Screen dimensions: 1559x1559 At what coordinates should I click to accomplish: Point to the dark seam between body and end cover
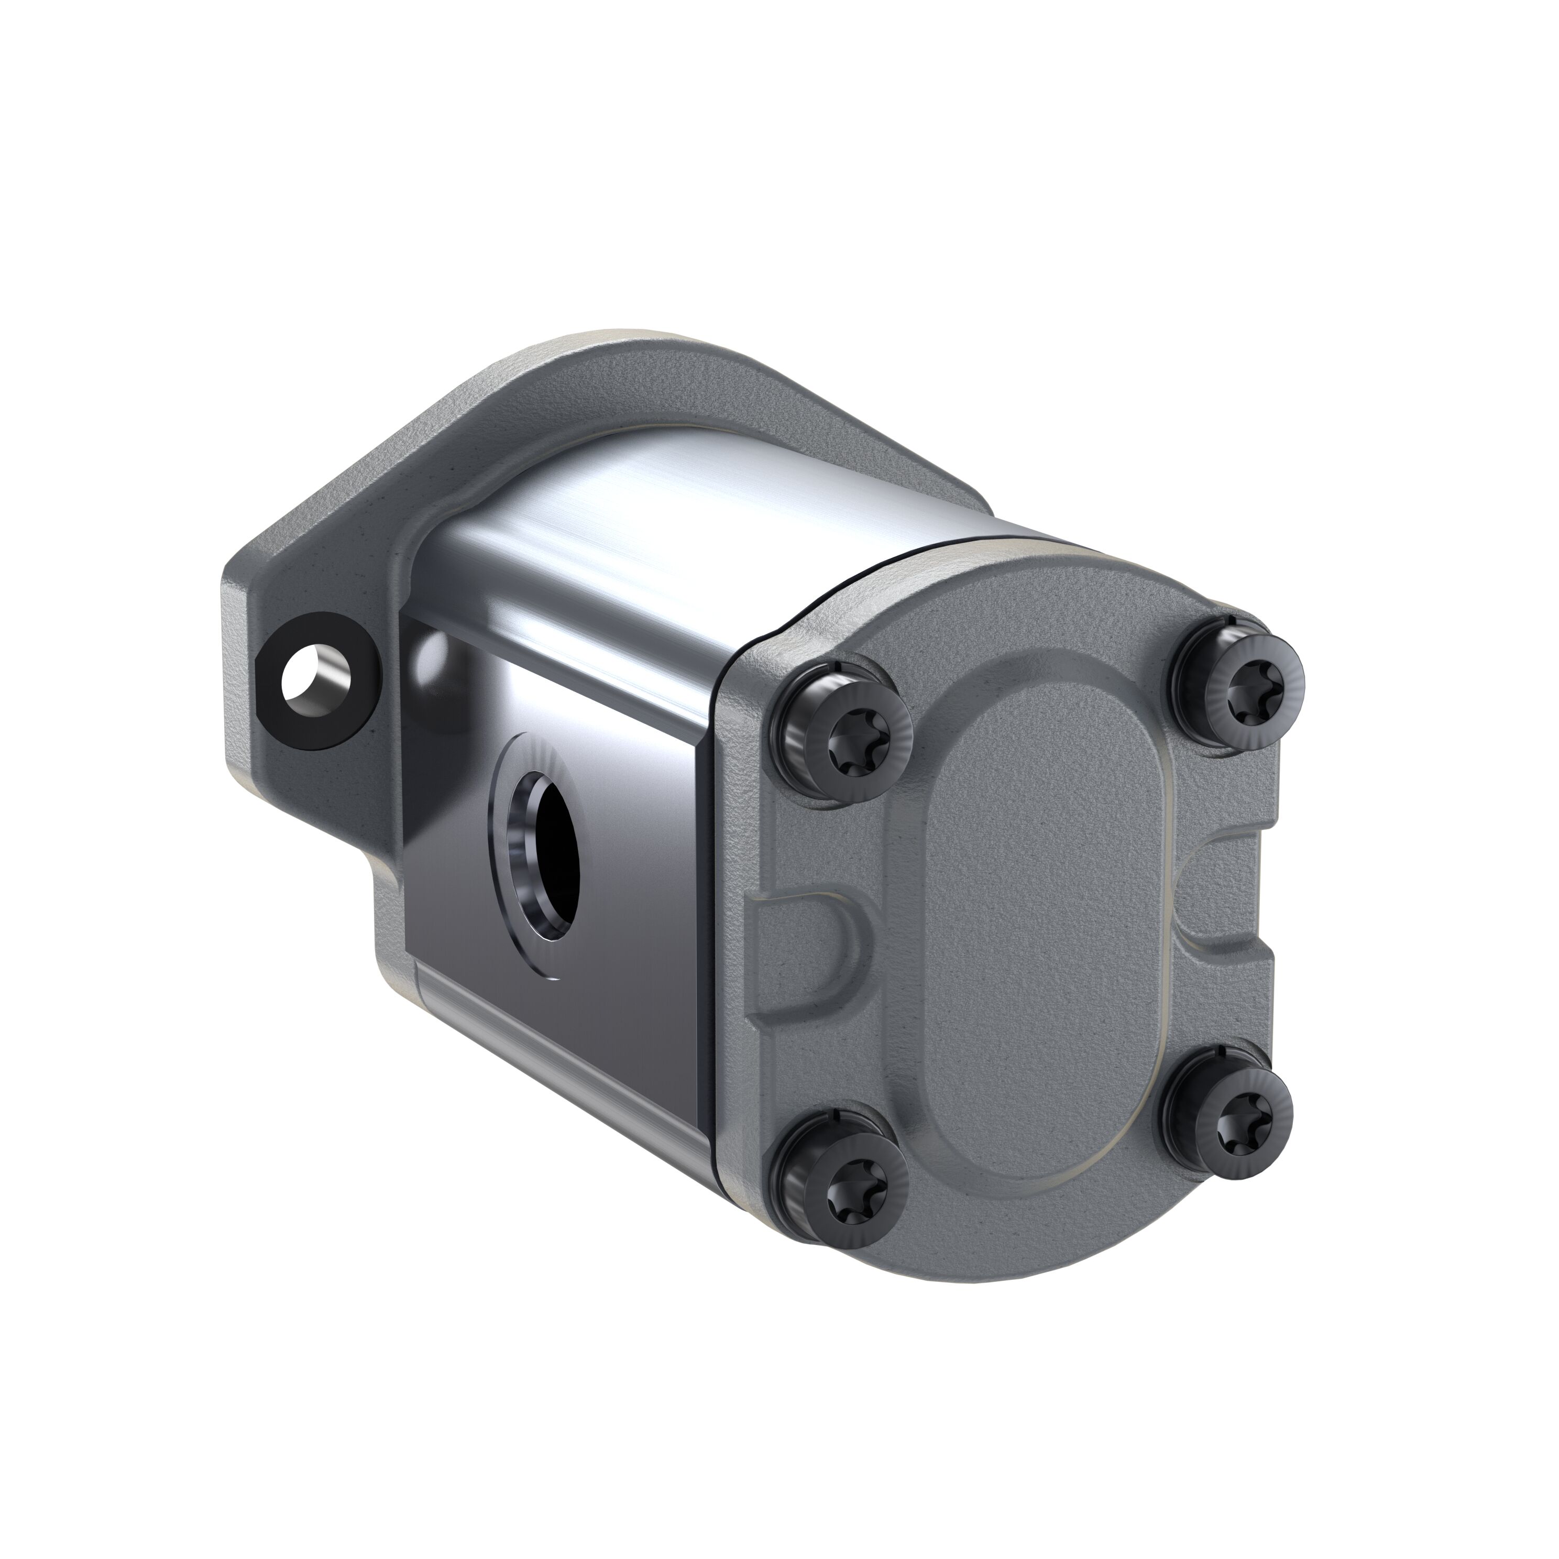[x=718, y=887]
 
